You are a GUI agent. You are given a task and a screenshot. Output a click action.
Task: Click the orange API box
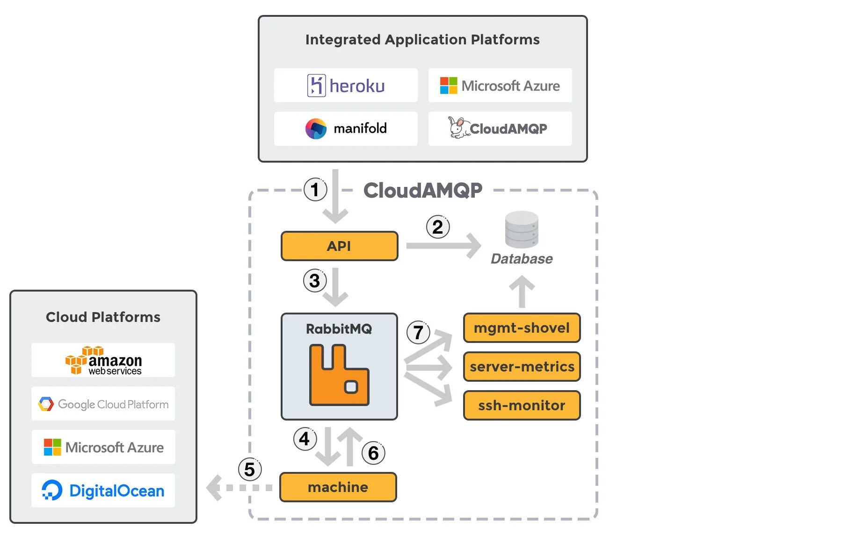339,246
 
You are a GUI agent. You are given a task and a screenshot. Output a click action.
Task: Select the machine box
338,487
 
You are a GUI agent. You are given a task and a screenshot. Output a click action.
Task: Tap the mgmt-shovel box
522,328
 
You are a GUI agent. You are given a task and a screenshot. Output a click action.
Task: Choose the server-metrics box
522,366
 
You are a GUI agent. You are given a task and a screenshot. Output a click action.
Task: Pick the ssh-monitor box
522,405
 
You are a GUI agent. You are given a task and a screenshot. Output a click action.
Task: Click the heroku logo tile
346,86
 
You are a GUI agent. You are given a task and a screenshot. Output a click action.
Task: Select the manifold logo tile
346,128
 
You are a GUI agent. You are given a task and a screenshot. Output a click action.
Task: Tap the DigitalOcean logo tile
103,491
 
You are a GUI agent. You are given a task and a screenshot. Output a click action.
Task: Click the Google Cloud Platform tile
103,404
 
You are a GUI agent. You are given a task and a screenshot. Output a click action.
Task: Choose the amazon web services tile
103,360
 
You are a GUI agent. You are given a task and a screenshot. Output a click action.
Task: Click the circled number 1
315,190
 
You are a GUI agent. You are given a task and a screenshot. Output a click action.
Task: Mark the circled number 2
438,227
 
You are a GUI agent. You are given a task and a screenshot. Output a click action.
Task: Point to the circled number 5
250,469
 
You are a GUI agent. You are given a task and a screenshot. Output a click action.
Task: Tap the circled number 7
418,333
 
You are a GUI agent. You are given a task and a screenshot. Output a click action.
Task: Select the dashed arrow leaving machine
239,487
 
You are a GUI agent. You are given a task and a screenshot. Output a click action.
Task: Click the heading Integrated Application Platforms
422,40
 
